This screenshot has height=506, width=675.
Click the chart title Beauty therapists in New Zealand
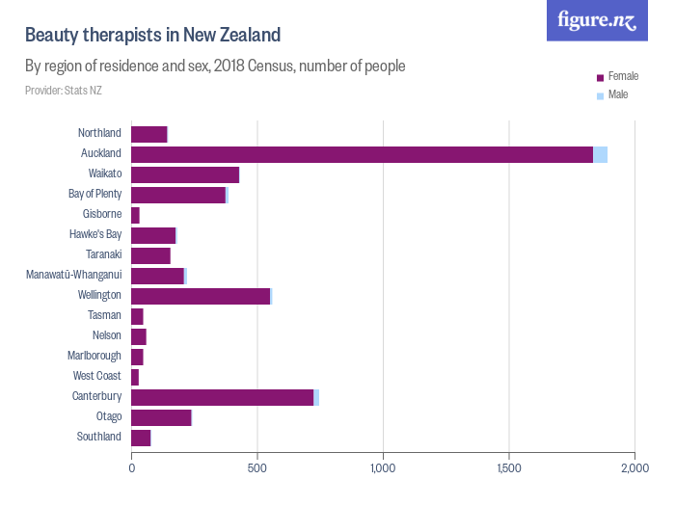[152, 36]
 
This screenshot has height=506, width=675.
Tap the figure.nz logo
[597, 20]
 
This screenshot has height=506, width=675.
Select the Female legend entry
[623, 75]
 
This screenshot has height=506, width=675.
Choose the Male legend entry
[618, 94]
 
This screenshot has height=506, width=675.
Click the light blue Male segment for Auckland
[600, 154]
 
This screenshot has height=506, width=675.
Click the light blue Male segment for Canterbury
[316, 397]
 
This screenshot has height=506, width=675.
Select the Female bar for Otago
[161, 417]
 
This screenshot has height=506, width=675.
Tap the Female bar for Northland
[148, 134]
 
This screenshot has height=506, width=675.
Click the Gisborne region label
[101, 214]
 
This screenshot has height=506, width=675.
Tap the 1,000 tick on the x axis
[383, 468]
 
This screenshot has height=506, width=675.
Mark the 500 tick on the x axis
[257, 468]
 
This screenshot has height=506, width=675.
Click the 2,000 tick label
[634, 468]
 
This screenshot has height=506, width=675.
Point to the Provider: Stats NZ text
[64, 91]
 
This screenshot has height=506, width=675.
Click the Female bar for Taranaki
[150, 255]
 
